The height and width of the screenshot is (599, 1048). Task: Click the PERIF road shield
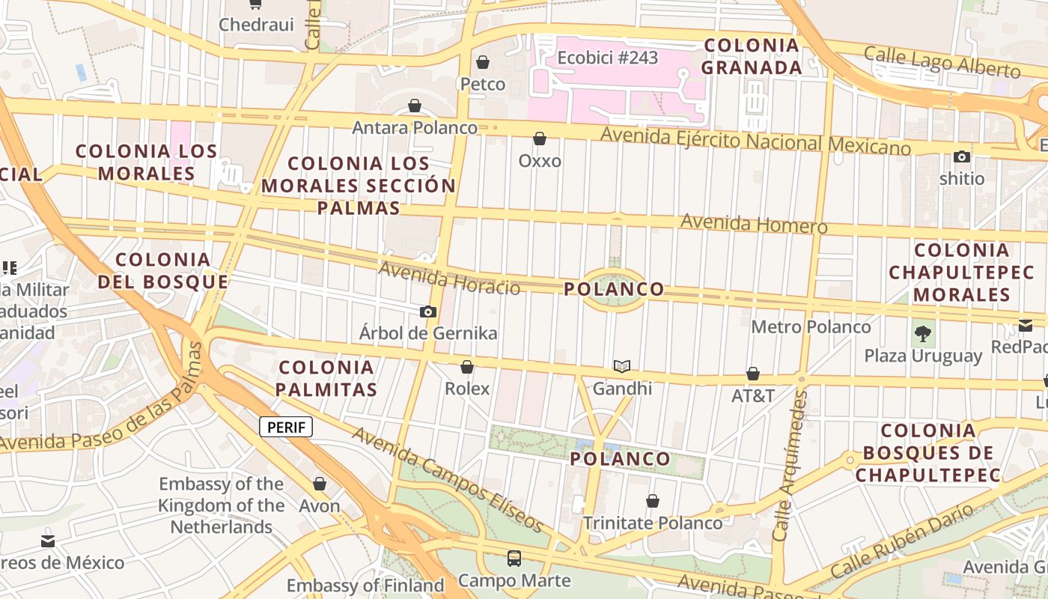[x=286, y=428]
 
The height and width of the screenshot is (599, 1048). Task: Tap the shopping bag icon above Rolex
[x=467, y=367]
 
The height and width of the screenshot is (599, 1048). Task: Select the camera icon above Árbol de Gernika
[x=428, y=311]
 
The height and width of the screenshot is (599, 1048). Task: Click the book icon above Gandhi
[x=622, y=366]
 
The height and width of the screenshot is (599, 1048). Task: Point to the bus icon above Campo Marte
[x=514, y=558]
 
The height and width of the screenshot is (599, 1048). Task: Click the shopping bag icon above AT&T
[x=753, y=374]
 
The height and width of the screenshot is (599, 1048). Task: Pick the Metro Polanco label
[x=811, y=327]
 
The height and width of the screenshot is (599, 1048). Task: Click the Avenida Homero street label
[x=754, y=224]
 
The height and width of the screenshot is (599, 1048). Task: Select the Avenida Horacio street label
[x=449, y=278]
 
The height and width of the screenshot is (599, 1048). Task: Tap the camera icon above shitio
[x=962, y=156]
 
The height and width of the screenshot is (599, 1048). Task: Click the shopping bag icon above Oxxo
[x=540, y=139]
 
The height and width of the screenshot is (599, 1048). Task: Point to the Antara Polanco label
[x=415, y=128]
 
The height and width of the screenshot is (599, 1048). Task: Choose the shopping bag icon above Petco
[x=483, y=62]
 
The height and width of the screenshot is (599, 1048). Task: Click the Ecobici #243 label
[x=607, y=58]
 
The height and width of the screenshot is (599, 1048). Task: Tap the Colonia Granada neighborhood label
[x=752, y=56]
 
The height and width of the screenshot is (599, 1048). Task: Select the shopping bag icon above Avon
[x=320, y=484]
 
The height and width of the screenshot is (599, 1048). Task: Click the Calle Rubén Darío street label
[x=901, y=541]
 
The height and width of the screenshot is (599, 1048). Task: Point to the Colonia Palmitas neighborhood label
[x=326, y=378]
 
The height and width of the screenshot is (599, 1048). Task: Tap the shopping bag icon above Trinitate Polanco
[x=653, y=501]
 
